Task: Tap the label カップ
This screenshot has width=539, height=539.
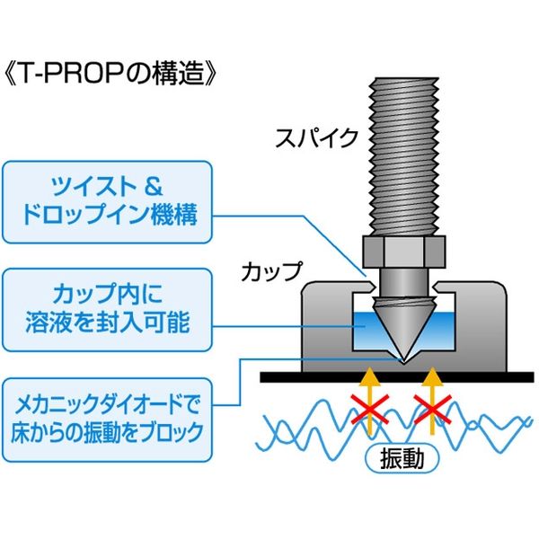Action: click(269, 270)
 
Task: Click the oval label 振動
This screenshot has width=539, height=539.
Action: click(403, 457)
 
